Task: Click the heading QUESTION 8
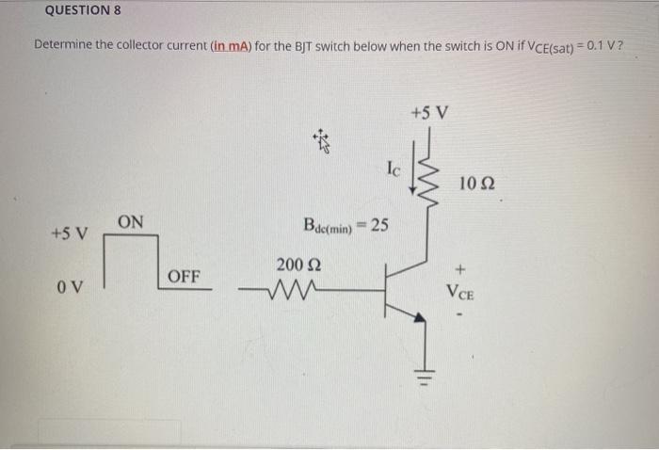[x=83, y=11]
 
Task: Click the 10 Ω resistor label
[x=479, y=181]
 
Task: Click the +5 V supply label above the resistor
[x=430, y=114]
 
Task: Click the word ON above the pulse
[x=131, y=222]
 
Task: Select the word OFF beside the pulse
[x=184, y=277]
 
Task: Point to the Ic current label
[x=394, y=170]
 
